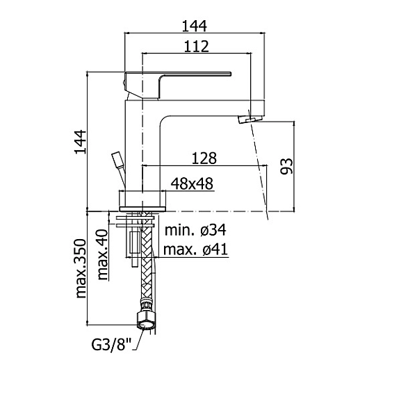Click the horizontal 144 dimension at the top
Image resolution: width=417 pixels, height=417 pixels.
194,26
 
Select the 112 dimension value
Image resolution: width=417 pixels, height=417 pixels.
196,47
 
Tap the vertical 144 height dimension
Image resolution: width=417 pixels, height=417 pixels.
81,142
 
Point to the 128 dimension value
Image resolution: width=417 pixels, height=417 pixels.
204,158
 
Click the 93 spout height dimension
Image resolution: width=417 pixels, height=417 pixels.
286,166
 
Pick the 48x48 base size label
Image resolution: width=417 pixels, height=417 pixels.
192,183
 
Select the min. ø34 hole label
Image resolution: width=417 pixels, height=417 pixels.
195,230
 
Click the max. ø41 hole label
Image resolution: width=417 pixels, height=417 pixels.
195,250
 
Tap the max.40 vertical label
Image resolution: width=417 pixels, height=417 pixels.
103,254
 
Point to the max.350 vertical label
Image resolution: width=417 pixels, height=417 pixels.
81,268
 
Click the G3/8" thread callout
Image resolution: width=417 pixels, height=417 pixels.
112,345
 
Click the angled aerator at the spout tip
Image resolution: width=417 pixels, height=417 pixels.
250,119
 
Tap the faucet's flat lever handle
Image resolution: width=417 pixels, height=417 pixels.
178,85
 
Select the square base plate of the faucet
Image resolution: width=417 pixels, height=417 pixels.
143,209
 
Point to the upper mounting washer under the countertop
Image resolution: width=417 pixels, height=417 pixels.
135,218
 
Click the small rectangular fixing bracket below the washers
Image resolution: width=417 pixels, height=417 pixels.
135,243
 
